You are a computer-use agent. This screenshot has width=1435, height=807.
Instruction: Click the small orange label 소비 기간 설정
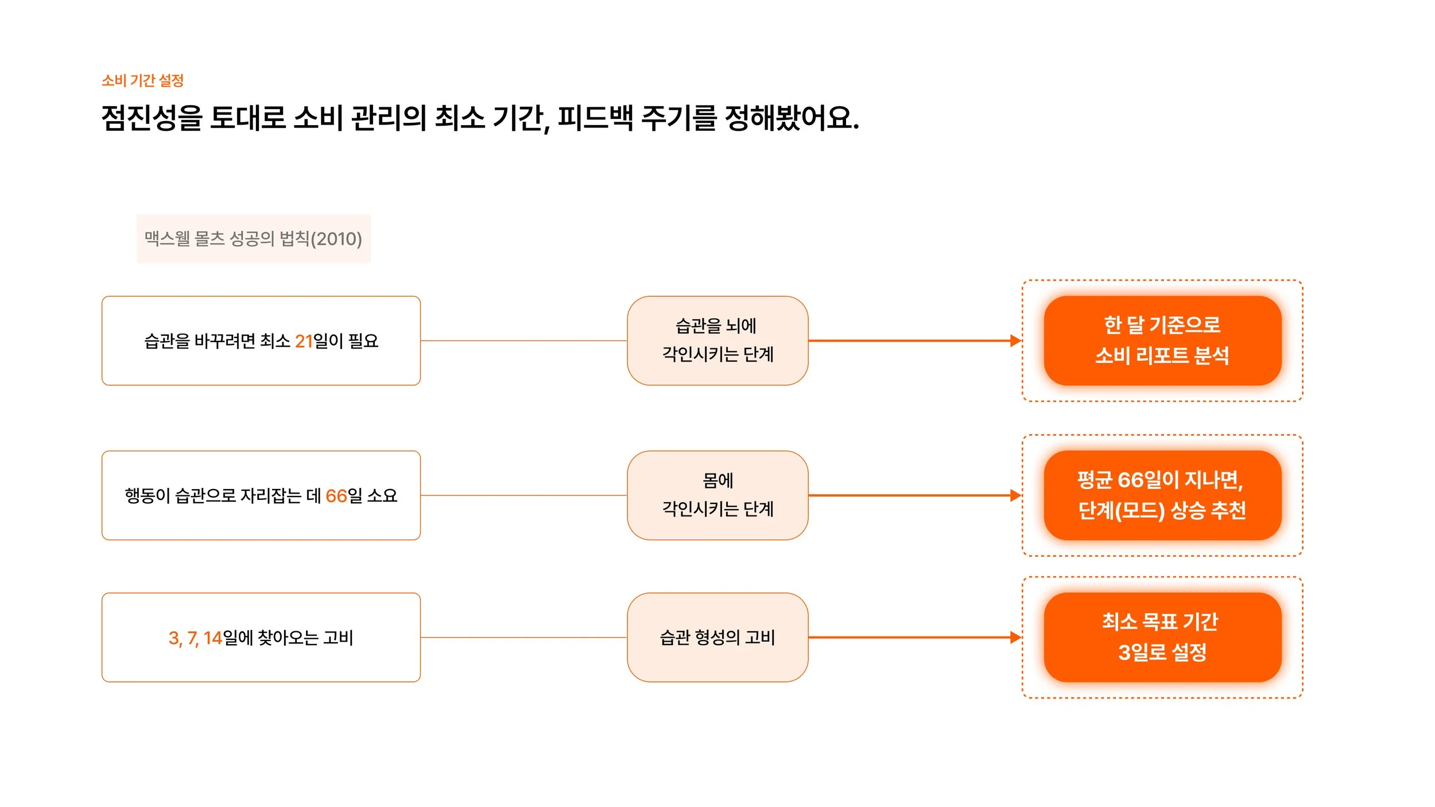(142, 80)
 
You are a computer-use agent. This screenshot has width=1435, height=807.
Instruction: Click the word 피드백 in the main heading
(595, 118)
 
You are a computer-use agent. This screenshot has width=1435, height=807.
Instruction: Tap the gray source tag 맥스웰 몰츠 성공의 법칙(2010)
(253, 239)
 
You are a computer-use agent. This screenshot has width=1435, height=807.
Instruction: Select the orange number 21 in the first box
(304, 342)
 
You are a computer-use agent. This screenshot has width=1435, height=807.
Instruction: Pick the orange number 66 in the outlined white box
(336, 496)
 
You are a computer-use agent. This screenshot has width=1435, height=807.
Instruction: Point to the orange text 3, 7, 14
(195, 638)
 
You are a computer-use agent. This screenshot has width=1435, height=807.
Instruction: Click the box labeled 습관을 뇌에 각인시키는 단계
(717, 340)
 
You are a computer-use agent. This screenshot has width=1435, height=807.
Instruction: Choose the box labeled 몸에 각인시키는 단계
(717, 495)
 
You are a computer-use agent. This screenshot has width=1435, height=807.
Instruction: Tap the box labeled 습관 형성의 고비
(717, 638)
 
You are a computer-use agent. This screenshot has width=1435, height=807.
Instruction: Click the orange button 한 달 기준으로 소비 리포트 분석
(1162, 340)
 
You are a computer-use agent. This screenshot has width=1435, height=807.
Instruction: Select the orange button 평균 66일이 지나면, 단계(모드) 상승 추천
(1162, 495)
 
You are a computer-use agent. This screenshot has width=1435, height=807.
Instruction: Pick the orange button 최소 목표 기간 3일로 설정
(1162, 638)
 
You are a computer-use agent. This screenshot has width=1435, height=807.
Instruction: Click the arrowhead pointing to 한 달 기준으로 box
(1015, 340)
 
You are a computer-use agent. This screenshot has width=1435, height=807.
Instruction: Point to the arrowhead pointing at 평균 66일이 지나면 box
(1015, 495)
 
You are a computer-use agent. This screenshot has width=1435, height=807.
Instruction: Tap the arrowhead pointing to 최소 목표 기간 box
(1015, 638)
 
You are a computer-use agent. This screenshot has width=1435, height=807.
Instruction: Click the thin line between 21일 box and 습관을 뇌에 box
(523, 341)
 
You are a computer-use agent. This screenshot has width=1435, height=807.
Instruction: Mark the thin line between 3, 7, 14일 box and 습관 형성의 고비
(523, 638)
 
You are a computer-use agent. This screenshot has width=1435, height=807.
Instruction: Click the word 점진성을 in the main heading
(152, 118)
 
